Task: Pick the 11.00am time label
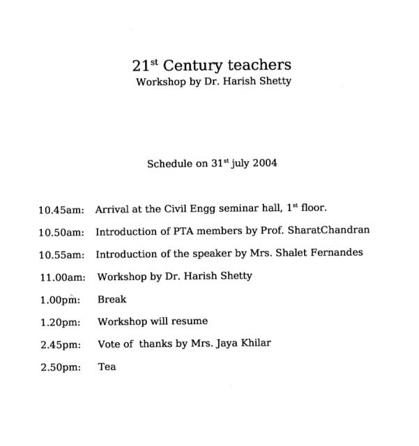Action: click(63, 277)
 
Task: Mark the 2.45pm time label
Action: click(60, 344)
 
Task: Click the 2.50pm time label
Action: click(60, 367)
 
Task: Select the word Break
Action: click(112, 299)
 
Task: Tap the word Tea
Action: click(107, 366)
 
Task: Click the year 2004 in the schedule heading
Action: click(264, 164)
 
